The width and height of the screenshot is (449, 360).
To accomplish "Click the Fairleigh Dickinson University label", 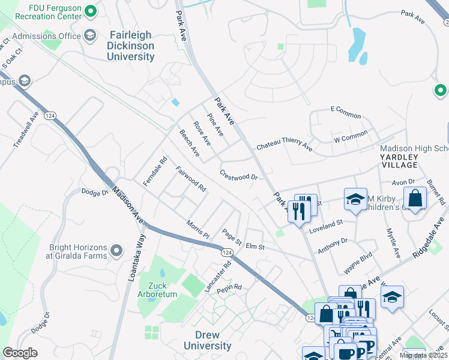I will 130,46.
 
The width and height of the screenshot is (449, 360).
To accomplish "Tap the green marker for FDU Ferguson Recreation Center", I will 91,11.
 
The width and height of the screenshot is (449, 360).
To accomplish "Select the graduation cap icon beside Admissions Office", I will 91,35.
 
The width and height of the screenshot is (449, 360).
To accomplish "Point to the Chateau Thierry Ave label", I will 285,146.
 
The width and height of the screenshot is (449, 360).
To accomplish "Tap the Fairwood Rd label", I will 191,179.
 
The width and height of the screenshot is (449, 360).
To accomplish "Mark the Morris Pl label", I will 197,228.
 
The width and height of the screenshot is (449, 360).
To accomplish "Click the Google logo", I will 20,353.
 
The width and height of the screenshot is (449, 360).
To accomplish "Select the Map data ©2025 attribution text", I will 424,355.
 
